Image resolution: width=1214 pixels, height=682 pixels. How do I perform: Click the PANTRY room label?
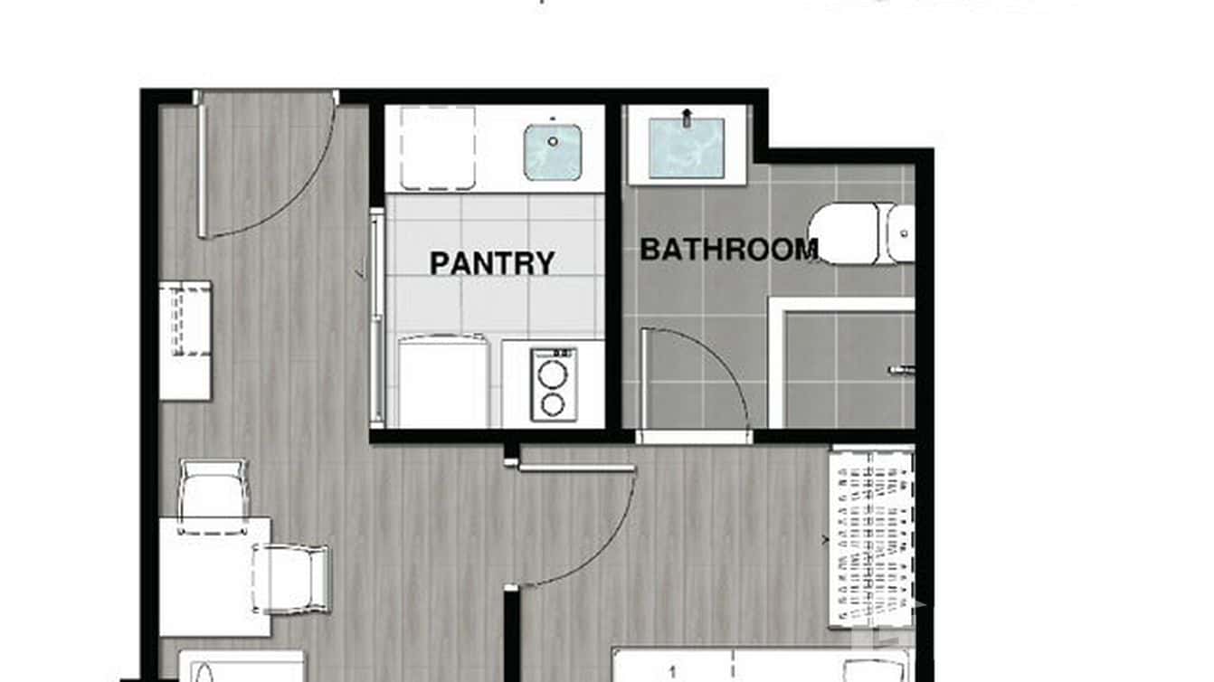click(492, 263)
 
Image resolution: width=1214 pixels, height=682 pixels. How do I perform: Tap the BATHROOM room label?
click(729, 249)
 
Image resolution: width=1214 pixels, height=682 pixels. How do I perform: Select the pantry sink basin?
click(552, 151)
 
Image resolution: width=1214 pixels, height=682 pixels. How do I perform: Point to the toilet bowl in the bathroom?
click(846, 233)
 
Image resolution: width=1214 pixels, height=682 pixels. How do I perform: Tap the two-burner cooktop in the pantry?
click(553, 384)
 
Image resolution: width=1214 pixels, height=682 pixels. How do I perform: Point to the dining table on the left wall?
click(214, 575)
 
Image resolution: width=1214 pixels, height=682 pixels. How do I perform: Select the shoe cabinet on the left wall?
click(185, 339)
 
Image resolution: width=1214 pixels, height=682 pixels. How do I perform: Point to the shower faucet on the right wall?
click(902, 369)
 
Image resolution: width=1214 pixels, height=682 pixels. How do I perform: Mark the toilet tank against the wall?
click(899, 233)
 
